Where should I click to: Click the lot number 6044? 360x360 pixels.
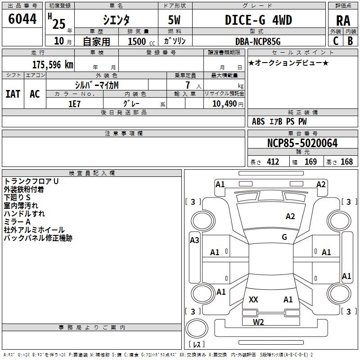(x=22, y=19)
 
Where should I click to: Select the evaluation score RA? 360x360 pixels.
(x=343, y=21)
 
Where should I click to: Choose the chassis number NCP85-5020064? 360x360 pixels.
(x=302, y=144)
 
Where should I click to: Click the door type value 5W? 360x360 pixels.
(x=175, y=21)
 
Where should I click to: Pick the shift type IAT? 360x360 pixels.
(x=13, y=94)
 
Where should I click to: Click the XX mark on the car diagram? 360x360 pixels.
(x=253, y=300)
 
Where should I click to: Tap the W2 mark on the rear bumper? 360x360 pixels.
(x=258, y=322)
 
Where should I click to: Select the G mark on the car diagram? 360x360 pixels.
(x=284, y=237)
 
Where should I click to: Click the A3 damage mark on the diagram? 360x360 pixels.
(x=194, y=240)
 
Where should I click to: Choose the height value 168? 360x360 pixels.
(x=346, y=162)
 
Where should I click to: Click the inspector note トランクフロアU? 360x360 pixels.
(x=31, y=181)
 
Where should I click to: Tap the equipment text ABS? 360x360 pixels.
(x=258, y=121)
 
